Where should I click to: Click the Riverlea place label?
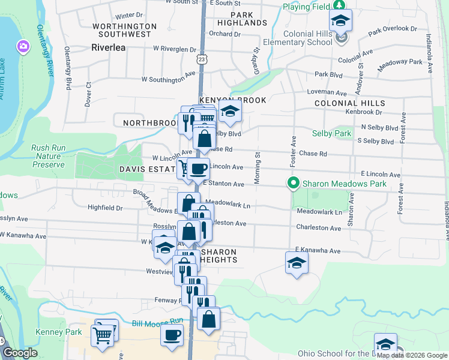[x=108, y=47]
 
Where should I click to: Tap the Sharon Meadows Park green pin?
[x=294, y=184]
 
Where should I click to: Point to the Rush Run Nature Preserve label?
[x=48, y=156]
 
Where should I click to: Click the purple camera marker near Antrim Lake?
[x=23, y=46]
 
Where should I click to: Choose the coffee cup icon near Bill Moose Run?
[x=172, y=335]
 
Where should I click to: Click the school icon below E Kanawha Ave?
[x=296, y=263]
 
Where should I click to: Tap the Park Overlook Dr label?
[x=393, y=29]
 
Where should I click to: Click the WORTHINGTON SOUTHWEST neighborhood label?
[x=125, y=31]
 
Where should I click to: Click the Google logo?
[x=20, y=352]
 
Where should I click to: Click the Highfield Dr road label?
[x=105, y=208]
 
